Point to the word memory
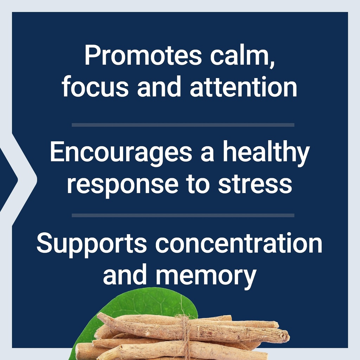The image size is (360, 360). click(x=206, y=275)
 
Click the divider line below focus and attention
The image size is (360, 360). click(x=183, y=125)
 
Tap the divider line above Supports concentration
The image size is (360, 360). click(x=183, y=215)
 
